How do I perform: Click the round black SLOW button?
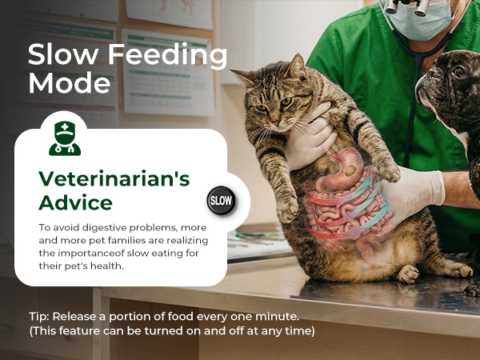click(x=220, y=201)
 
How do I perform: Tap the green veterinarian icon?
click(x=65, y=138)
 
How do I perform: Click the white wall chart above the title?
click(x=169, y=12)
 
